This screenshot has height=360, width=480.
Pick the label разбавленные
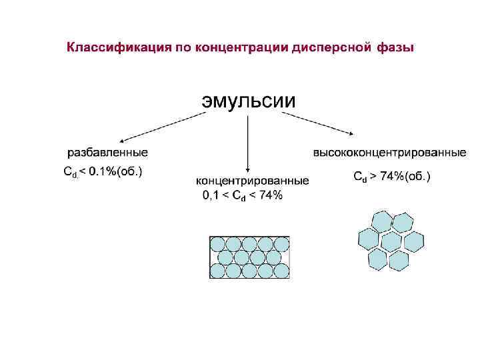coord(106,153)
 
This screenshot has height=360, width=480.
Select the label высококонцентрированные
coord(390,153)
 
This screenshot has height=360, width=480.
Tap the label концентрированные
coord(252,181)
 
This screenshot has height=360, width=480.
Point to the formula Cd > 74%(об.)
coord(391,177)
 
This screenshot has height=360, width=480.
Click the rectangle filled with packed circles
coord(249,257)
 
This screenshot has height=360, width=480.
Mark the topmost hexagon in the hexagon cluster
coord(382,219)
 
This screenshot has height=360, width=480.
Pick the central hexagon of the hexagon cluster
coord(391,240)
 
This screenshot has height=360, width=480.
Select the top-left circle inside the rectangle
coord(218,243)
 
